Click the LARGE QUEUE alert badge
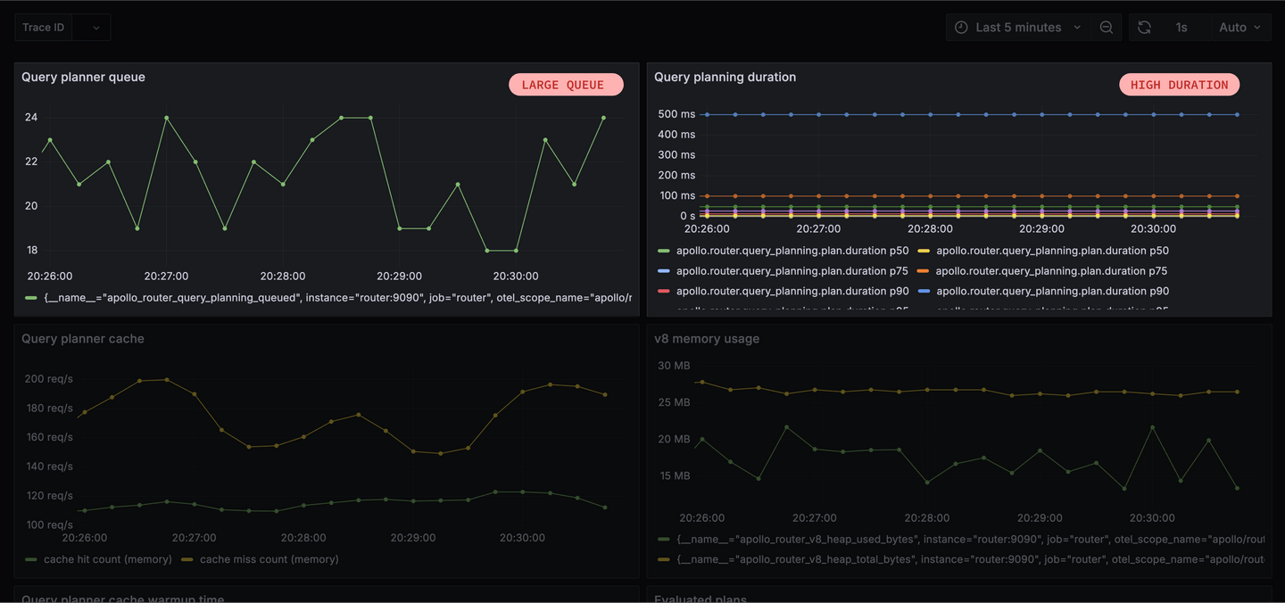coord(566,85)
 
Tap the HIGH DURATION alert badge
coord(1179,85)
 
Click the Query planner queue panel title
coord(83,77)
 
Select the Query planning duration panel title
coord(725,77)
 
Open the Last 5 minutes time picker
coord(1018,28)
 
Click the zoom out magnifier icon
coord(1107,28)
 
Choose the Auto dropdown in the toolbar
coord(1239,28)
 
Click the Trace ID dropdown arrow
coord(96,28)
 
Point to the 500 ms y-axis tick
coord(676,114)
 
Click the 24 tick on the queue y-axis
coord(31,117)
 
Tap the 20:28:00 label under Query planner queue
coord(283,276)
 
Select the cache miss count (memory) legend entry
coord(269,559)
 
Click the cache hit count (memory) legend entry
coord(107,559)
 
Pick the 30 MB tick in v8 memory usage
coord(674,366)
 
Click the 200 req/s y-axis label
coord(48,379)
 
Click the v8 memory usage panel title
coord(707,339)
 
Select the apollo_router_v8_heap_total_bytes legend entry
coord(969,558)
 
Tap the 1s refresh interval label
coord(1181,28)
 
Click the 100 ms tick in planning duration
coord(677,195)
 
